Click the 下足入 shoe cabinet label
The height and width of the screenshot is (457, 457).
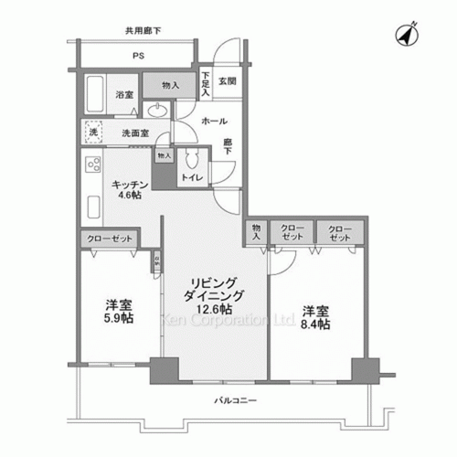[207, 85]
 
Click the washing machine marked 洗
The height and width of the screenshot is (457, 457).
[92, 133]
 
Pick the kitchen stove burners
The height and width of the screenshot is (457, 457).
[92, 167]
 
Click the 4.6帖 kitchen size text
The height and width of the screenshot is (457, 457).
[127, 195]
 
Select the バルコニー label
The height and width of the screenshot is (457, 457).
[236, 401]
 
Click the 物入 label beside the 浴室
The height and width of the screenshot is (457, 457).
[171, 87]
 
